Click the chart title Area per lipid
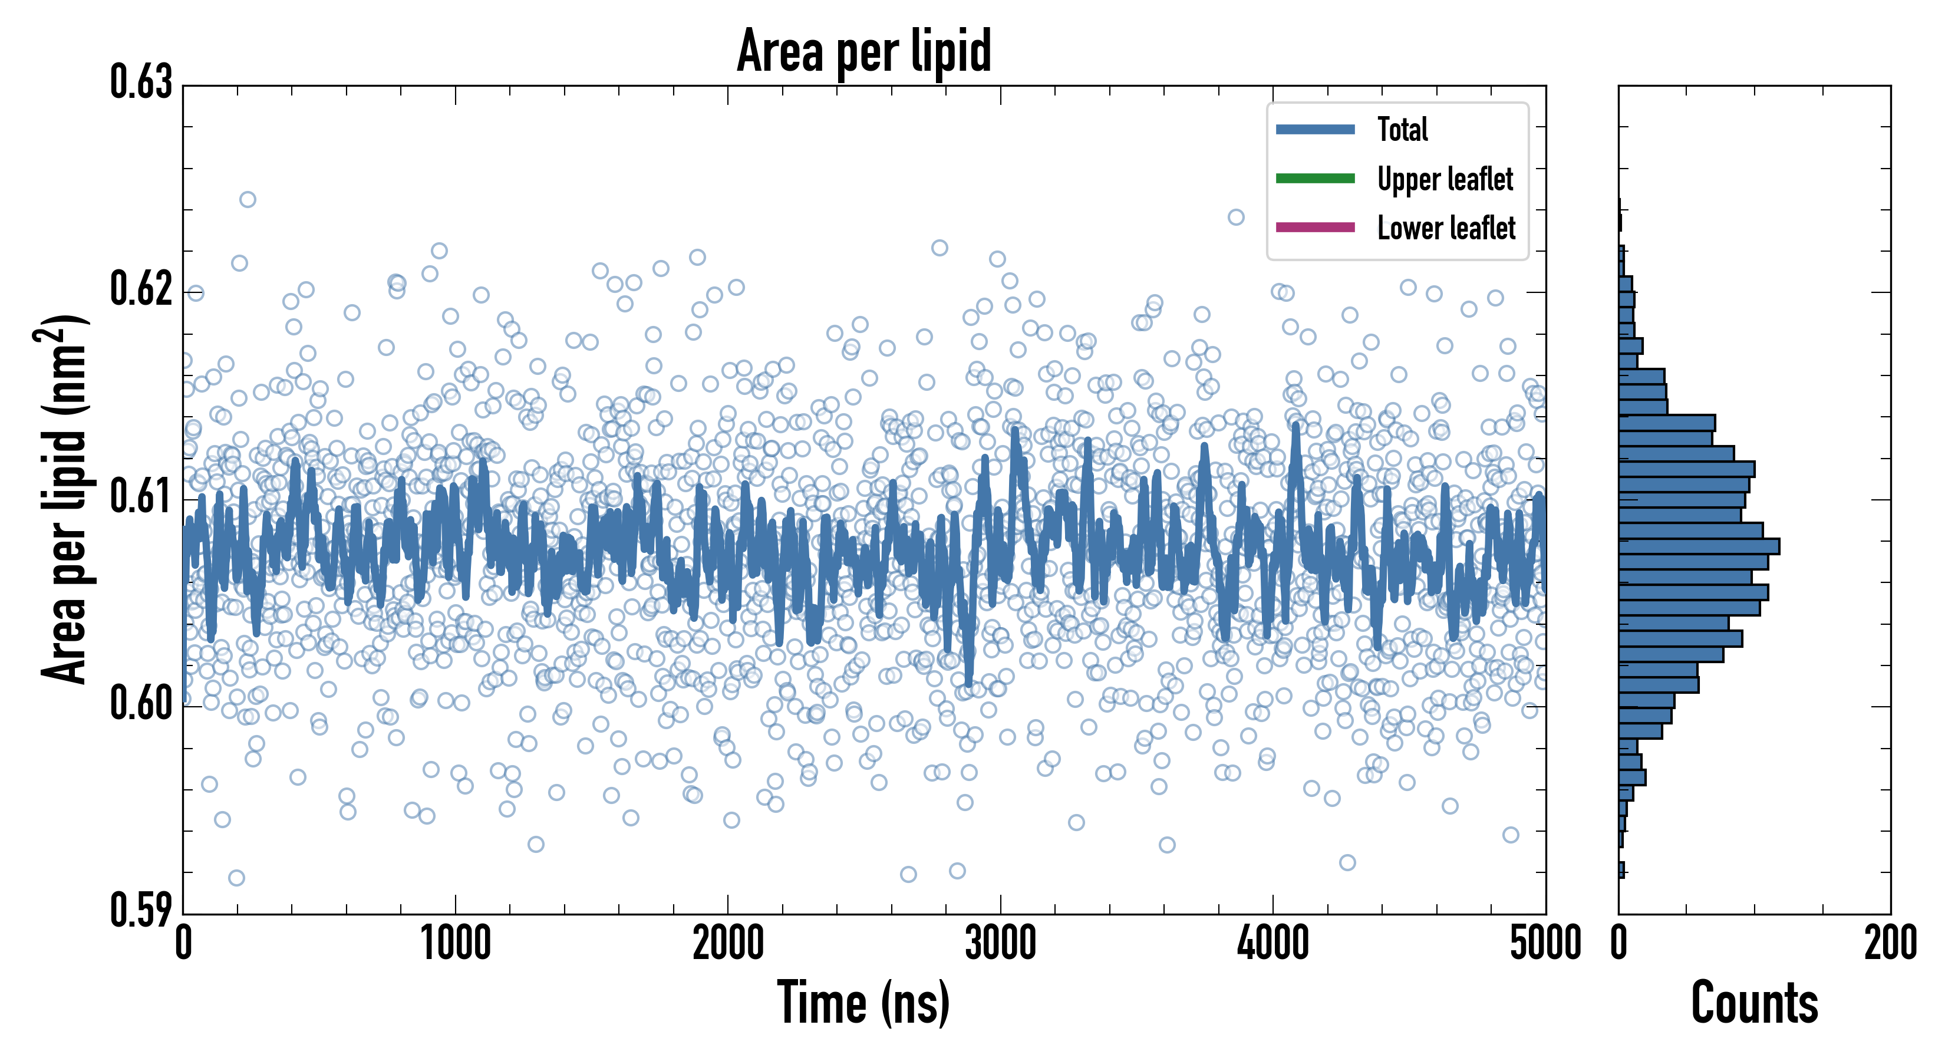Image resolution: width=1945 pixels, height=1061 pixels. tap(864, 51)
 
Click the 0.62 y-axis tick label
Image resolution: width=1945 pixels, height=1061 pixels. tap(141, 289)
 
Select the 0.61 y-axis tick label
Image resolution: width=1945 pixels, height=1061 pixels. tap(141, 497)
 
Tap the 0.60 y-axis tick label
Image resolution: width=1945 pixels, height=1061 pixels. tap(141, 704)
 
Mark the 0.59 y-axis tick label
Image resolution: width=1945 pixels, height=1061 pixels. tap(141, 911)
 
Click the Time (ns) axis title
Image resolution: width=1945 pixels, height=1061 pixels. tap(864, 1003)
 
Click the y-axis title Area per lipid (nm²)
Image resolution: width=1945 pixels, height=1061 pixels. tap(64, 499)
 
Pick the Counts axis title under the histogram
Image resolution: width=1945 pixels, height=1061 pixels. tap(1754, 1003)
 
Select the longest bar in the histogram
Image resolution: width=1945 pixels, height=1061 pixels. tap(1698, 546)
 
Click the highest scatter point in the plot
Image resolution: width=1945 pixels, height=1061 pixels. tap(248, 199)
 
